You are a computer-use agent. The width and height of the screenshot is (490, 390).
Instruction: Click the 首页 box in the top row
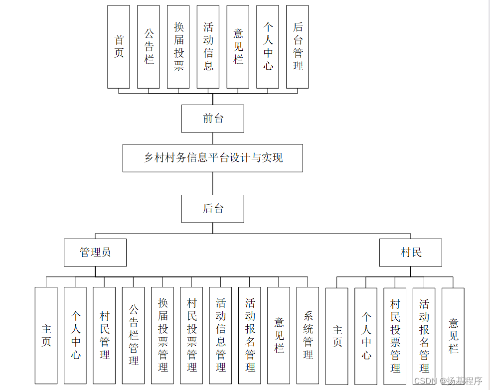(x=119, y=47)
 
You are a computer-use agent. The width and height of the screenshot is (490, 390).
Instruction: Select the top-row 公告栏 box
(x=149, y=47)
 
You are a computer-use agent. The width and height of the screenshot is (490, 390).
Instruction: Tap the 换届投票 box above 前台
(x=178, y=47)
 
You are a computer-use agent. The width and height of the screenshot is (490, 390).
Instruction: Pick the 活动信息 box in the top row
(x=208, y=47)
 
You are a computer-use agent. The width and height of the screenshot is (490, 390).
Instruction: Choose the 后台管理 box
(x=297, y=47)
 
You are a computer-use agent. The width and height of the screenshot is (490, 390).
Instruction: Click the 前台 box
(x=213, y=119)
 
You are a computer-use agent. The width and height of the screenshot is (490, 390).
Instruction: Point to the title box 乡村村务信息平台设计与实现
(x=213, y=158)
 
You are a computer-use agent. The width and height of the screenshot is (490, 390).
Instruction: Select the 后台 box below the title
(x=213, y=209)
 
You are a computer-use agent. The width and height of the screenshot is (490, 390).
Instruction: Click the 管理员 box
(x=95, y=253)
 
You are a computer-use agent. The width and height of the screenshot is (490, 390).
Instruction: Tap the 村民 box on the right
(x=411, y=253)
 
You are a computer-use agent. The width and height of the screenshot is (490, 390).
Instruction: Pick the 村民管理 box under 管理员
(x=104, y=335)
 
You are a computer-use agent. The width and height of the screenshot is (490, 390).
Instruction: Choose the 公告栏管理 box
(x=133, y=335)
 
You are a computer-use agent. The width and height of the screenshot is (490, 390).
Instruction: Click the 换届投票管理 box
(x=163, y=335)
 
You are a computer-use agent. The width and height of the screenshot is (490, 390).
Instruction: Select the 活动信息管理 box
(x=220, y=335)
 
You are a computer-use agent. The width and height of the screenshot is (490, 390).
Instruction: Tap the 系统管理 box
(x=308, y=335)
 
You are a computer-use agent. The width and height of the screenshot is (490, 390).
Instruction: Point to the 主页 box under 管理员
(x=46, y=335)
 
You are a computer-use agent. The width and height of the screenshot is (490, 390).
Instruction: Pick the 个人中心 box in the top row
(x=268, y=47)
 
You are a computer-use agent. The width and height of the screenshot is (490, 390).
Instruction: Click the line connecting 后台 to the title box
(x=213, y=183)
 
